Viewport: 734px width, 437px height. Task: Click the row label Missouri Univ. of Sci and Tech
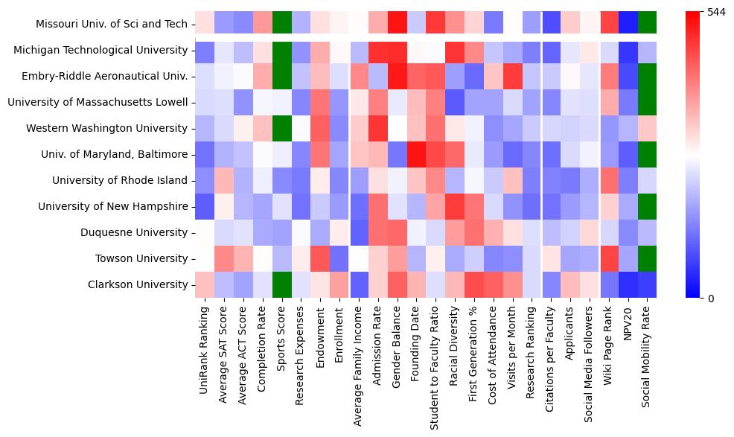coord(112,24)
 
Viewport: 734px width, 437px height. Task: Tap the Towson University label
coord(141,258)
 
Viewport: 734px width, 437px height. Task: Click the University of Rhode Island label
coord(120,180)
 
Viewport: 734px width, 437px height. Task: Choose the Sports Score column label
coord(282,335)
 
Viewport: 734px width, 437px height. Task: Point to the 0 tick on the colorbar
coord(711,298)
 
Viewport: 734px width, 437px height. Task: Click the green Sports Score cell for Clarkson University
coord(282,284)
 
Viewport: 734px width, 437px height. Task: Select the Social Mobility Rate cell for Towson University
coord(648,258)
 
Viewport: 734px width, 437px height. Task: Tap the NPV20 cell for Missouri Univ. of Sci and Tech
coord(628,24)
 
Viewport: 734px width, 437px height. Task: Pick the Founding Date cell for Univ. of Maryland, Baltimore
coord(417,154)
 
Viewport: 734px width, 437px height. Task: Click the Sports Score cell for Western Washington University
coord(282,128)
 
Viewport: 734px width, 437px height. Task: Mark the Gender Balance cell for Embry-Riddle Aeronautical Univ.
coord(398,76)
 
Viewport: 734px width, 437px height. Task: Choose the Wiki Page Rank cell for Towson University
coord(610,258)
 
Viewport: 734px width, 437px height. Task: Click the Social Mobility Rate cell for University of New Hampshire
coord(648,206)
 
